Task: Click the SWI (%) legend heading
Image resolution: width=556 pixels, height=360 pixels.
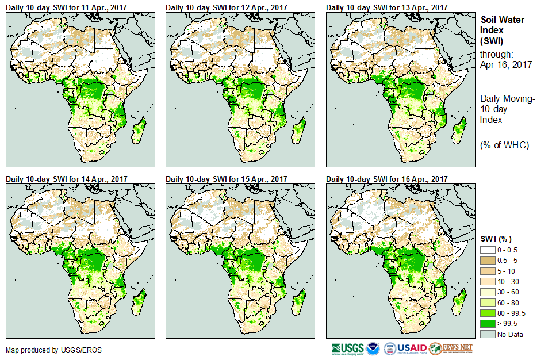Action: point(496,239)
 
